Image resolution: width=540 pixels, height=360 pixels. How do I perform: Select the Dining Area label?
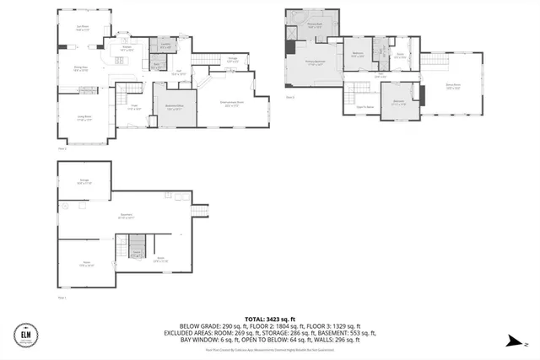82,70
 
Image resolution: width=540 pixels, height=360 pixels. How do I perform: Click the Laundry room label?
167,46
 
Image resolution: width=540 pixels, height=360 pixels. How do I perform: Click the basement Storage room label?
84,180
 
